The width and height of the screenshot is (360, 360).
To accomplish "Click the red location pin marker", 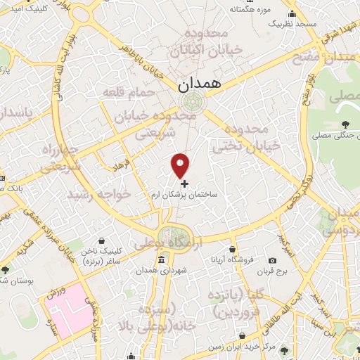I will pos(181,165).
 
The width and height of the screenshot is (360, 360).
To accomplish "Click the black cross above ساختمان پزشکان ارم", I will pos(185,184).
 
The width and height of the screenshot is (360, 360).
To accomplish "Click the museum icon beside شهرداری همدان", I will pos(162,260).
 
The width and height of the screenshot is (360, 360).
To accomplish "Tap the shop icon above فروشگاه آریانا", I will pos(233,249).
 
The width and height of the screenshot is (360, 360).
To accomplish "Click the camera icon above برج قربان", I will pos(273,261).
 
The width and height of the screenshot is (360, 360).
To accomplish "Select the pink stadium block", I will pos(70,310).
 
